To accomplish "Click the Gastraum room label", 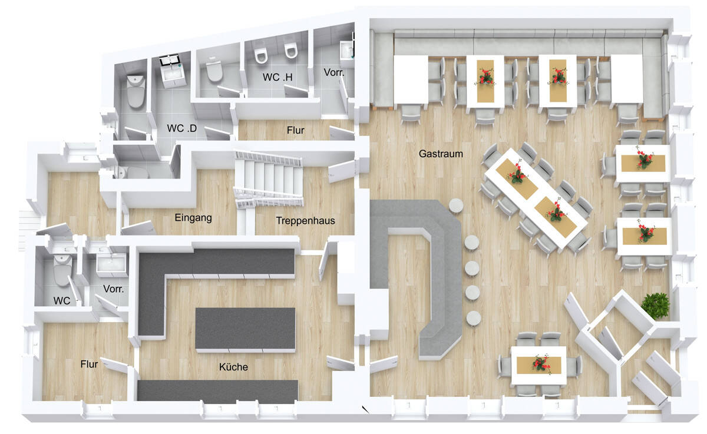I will (441, 154).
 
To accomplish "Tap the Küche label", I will (233, 367).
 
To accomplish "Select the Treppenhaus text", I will (305, 221).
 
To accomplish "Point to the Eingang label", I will (193, 217).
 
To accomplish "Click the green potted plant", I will (655, 305).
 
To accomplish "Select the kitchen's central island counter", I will (245, 329).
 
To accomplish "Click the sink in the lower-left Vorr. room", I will (112, 265).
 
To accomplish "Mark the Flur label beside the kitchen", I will (89, 364).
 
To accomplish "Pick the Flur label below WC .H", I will (295, 130).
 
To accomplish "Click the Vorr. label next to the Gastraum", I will (334, 72).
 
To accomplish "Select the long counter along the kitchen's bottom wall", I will (217, 391).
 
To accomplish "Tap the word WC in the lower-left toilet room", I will (62, 301).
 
